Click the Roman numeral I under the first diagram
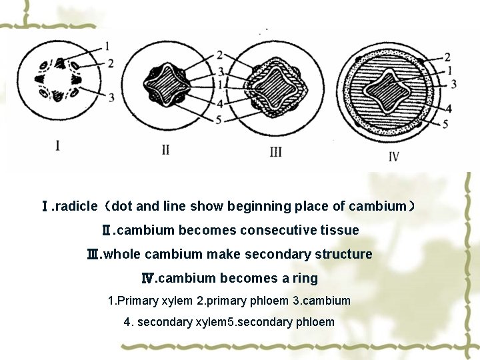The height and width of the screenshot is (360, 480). pyautogui.click(x=58, y=145)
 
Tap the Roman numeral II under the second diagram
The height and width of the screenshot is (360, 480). pyautogui.click(x=165, y=149)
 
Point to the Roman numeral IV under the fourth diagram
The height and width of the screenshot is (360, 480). pyautogui.click(x=393, y=157)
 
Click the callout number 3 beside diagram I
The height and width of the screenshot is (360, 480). pyautogui.click(x=111, y=97)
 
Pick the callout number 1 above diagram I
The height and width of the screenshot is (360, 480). pyautogui.click(x=108, y=46)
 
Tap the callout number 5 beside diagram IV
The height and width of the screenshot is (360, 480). pyautogui.click(x=445, y=123)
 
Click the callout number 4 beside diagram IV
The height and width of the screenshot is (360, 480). pyautogui.click(x=449, y=108)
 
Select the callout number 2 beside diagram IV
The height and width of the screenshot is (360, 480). pyautogui.click(x=447, y=57)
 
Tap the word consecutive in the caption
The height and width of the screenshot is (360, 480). pyautogui.click(x=278, y=231)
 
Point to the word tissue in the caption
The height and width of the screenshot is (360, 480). pyautogui.click(x=339, y=231)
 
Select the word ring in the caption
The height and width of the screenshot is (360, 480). pyautogui.click(x=305, y=279)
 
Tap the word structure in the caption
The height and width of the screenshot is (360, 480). pyautogui.click(x=344, y=255)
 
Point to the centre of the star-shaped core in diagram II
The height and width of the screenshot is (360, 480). pyautogui.click(x=166, y=85)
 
